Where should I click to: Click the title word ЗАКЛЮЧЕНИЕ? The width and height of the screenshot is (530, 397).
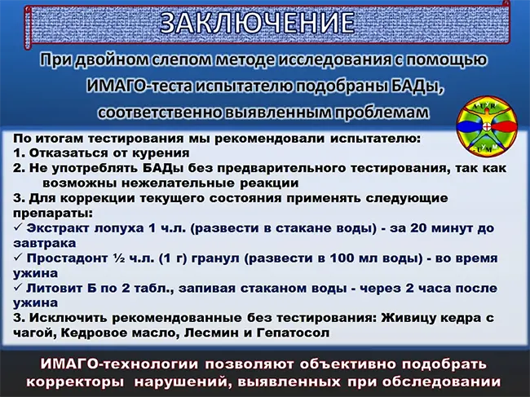pos(257,23)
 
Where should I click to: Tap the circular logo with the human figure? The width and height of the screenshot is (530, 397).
pos(487,126)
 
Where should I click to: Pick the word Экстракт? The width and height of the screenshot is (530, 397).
pos(57,228)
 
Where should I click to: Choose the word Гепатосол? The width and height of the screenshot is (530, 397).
pos(293,333)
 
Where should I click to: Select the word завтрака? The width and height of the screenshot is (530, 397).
pos(45,244)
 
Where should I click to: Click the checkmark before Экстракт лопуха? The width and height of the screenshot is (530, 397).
pos(18,227)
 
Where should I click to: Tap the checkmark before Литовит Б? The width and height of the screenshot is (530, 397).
pos(18,288)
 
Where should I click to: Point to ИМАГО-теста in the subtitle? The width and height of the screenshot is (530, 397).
pos(139,86)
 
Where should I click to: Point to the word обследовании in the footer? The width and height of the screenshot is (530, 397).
pos(442,382)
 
